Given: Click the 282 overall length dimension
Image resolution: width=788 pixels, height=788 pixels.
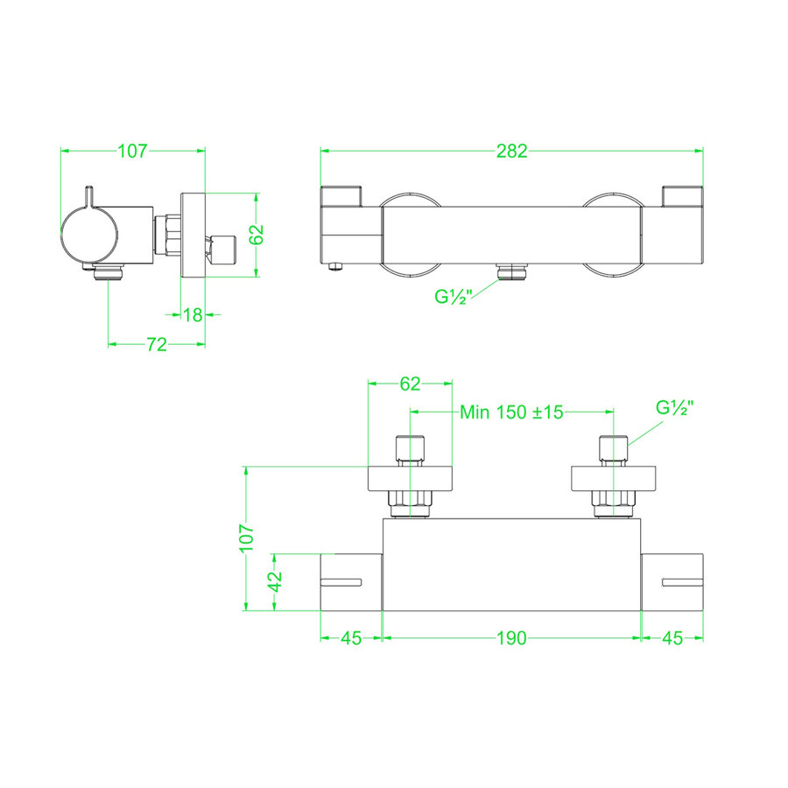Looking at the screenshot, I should (x=512, y=151).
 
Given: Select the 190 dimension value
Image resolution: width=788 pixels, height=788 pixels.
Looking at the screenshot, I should (x=512, y=637).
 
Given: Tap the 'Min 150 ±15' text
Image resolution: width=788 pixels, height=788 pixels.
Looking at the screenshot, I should (x=512, y=412).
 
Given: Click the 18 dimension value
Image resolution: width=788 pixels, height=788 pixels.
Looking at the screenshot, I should (x=193, y=314).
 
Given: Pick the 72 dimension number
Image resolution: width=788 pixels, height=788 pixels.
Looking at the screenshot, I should (x=156, y=345).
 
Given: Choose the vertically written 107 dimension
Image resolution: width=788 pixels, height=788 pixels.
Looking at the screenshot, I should (x=247, y=537).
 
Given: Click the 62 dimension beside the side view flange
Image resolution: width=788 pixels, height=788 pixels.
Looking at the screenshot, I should (x=256, y=235).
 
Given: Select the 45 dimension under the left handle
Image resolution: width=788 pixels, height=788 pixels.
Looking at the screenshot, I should (x=351, y=637).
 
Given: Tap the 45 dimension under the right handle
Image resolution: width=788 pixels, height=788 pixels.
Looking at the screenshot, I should (x=672, y=637).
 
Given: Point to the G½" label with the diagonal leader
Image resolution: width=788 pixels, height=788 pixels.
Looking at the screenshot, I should (x=675, y=408).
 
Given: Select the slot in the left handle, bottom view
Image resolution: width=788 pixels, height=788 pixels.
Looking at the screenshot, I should (x=342, y=581).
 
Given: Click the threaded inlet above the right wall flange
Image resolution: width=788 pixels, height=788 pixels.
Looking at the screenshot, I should (x=612, y=449).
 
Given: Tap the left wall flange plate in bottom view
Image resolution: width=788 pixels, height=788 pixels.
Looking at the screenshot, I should (x=410, y=477).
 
